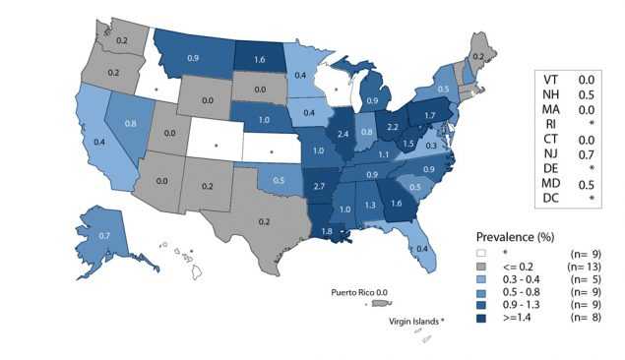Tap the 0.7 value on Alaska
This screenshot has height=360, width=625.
point(105,237)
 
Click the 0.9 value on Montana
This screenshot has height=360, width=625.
point(194,59)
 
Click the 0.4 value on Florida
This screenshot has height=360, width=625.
point(422,248)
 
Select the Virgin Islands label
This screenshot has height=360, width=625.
point(414,321)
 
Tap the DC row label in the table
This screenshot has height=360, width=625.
point(551,200)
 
